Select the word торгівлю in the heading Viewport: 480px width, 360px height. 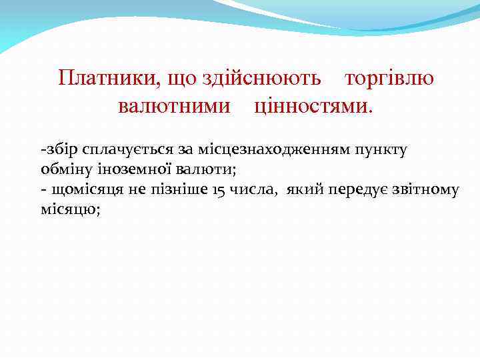click(389, 79)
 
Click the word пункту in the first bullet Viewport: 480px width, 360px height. click(384, 150)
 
